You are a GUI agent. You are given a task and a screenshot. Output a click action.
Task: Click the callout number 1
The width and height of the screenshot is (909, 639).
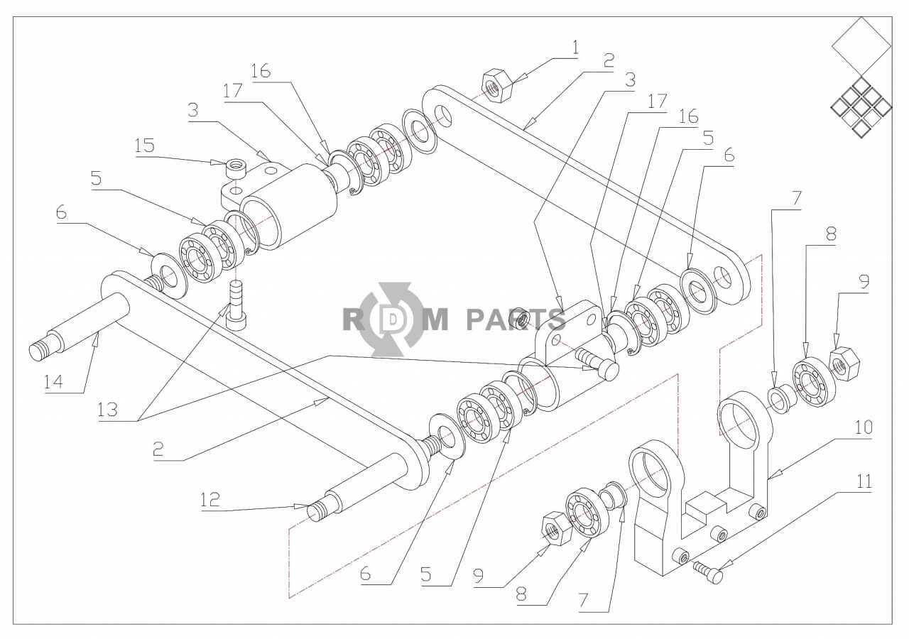(x=575, y=48)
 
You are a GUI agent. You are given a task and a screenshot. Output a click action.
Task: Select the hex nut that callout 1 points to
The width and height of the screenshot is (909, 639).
(x=497, y=85)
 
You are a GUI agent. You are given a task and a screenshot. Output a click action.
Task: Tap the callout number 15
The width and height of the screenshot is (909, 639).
(x=144, y=146)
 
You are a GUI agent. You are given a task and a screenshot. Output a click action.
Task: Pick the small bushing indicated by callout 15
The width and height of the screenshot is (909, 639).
(x=236, y=168)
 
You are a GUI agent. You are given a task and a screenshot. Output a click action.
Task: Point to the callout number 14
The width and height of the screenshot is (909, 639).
(x=53, y=381)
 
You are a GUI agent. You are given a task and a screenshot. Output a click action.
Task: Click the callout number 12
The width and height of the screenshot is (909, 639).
(x=209, y=499)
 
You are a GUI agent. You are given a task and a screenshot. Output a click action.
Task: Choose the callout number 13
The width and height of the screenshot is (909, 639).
(x=107, y=410)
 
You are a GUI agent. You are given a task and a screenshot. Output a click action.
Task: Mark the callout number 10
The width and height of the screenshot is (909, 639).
(x=864, y=427)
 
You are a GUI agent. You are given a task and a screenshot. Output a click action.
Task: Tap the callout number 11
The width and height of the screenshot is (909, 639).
(x=864, y=481)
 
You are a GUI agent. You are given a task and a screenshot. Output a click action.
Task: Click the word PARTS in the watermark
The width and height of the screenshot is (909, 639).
(x=516, y=319)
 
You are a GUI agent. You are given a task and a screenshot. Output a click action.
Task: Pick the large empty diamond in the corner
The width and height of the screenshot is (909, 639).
(x=861, y=46)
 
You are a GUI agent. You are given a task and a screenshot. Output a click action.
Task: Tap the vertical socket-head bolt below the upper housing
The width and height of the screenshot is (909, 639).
(x=236, y=305)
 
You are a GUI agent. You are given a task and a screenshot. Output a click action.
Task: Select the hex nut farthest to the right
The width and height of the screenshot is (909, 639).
(x=845, y=363)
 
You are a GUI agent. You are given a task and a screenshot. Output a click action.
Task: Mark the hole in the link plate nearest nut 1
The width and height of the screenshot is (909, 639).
(x=443, y=116)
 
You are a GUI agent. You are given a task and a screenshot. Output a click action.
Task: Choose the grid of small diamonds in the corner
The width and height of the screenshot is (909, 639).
(x=861, y=107)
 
